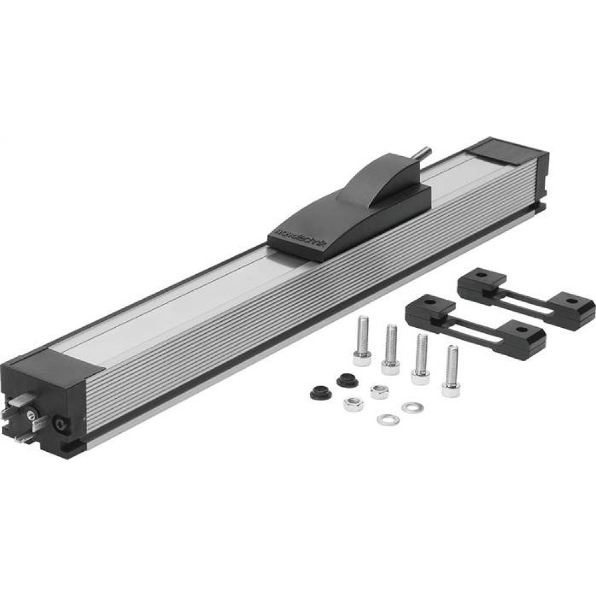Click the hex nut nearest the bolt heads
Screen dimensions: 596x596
point(379,392)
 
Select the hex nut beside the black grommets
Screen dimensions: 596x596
point(352,405)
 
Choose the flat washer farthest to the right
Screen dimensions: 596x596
point(411,408)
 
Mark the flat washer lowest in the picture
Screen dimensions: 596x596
point(387,420)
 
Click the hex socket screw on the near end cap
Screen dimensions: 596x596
point(60,424)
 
